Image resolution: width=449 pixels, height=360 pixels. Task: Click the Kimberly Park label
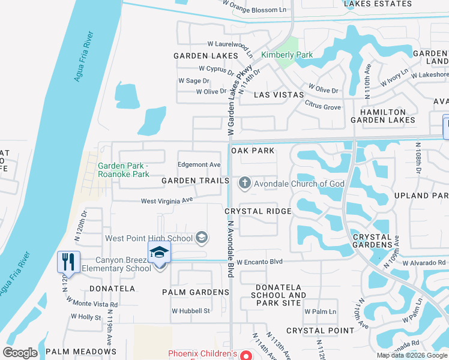287,55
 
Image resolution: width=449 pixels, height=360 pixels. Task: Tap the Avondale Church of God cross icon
244,184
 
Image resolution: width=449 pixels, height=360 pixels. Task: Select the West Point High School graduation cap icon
202,238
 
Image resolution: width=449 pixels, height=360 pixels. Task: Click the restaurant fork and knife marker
67,262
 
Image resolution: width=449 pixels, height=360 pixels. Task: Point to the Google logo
20,353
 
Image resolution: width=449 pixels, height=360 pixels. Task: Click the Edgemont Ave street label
199,165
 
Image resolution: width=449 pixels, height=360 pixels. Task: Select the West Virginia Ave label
166,201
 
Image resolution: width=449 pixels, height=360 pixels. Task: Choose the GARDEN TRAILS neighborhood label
196,181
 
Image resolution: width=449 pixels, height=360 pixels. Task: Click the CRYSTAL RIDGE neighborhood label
258,211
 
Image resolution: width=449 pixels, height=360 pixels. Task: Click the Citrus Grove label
324,107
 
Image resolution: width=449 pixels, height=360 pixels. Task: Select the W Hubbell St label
190,311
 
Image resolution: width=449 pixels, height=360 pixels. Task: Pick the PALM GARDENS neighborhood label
196,292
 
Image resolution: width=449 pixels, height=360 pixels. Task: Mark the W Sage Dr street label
193,80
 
